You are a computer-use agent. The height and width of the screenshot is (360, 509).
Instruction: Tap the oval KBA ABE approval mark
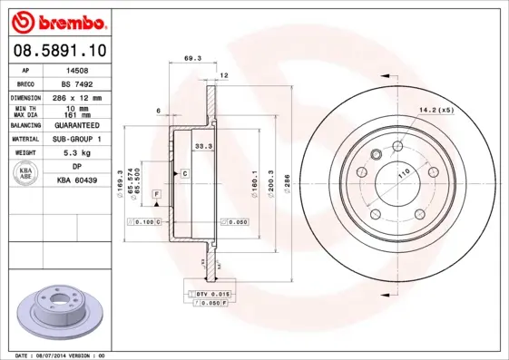coord(26,174)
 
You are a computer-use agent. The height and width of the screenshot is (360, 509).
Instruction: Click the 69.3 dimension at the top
coord(191,58)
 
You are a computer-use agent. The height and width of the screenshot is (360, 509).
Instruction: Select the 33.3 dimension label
coord(203,145)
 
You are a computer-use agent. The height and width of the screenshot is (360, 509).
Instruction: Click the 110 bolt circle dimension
coord(394,170)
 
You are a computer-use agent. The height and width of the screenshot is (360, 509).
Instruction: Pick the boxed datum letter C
coord(184,172)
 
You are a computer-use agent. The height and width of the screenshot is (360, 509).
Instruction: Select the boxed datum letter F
coord(156,195)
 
